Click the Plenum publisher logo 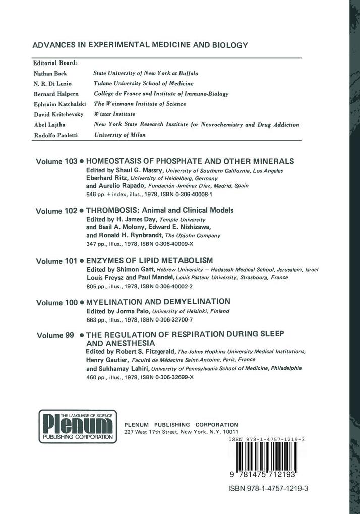(x=78, y=426)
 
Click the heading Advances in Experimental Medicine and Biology (x=140, y=45)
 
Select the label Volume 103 (x=56, y=162)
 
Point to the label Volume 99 (x=55, y=335)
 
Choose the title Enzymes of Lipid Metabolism (x=150, y=261)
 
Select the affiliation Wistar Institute (x=114, y=114)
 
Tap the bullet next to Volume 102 (x=82, y=211)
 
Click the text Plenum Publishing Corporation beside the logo (x=181, y=425)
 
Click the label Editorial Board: (x=55, y=63)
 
